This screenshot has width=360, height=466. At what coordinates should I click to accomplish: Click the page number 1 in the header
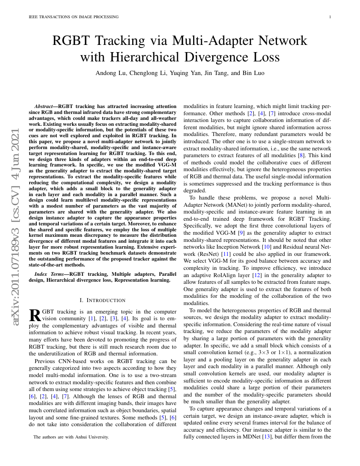(x=330, y=17)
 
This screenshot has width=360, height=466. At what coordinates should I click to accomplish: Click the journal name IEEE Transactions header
(x=73, y=17)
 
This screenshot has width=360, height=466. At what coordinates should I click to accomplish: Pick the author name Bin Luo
(x=253, y=73)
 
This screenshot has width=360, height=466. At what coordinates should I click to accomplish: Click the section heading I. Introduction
(x=102, y=300)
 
